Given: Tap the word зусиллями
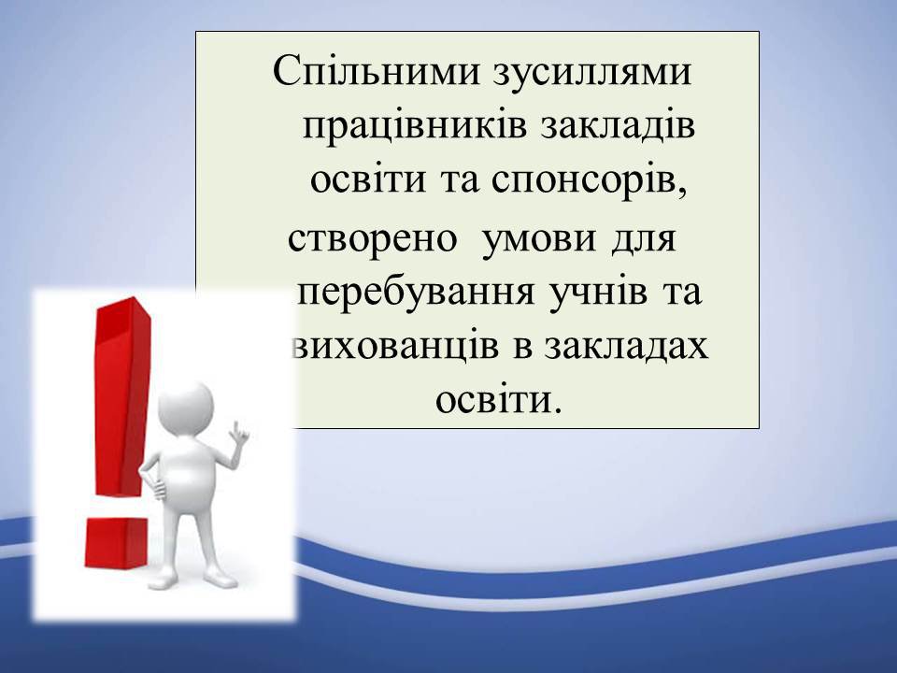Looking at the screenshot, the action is pos(592,73).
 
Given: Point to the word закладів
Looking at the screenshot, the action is pos(618,125).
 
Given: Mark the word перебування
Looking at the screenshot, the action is pos(417,292).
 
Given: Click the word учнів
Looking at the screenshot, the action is pos(598,294).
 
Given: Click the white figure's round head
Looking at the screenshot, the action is pos(186,408).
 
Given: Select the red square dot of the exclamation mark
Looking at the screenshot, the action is pos(117,542).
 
